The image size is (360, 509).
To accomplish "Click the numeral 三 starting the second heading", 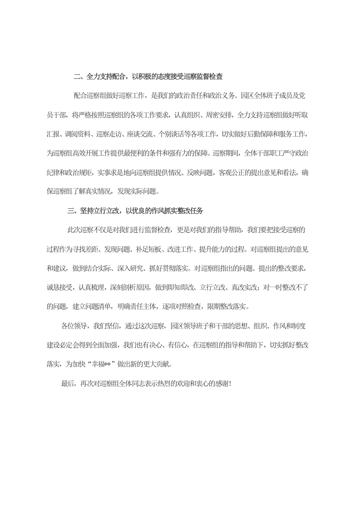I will (x=70, y=210).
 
